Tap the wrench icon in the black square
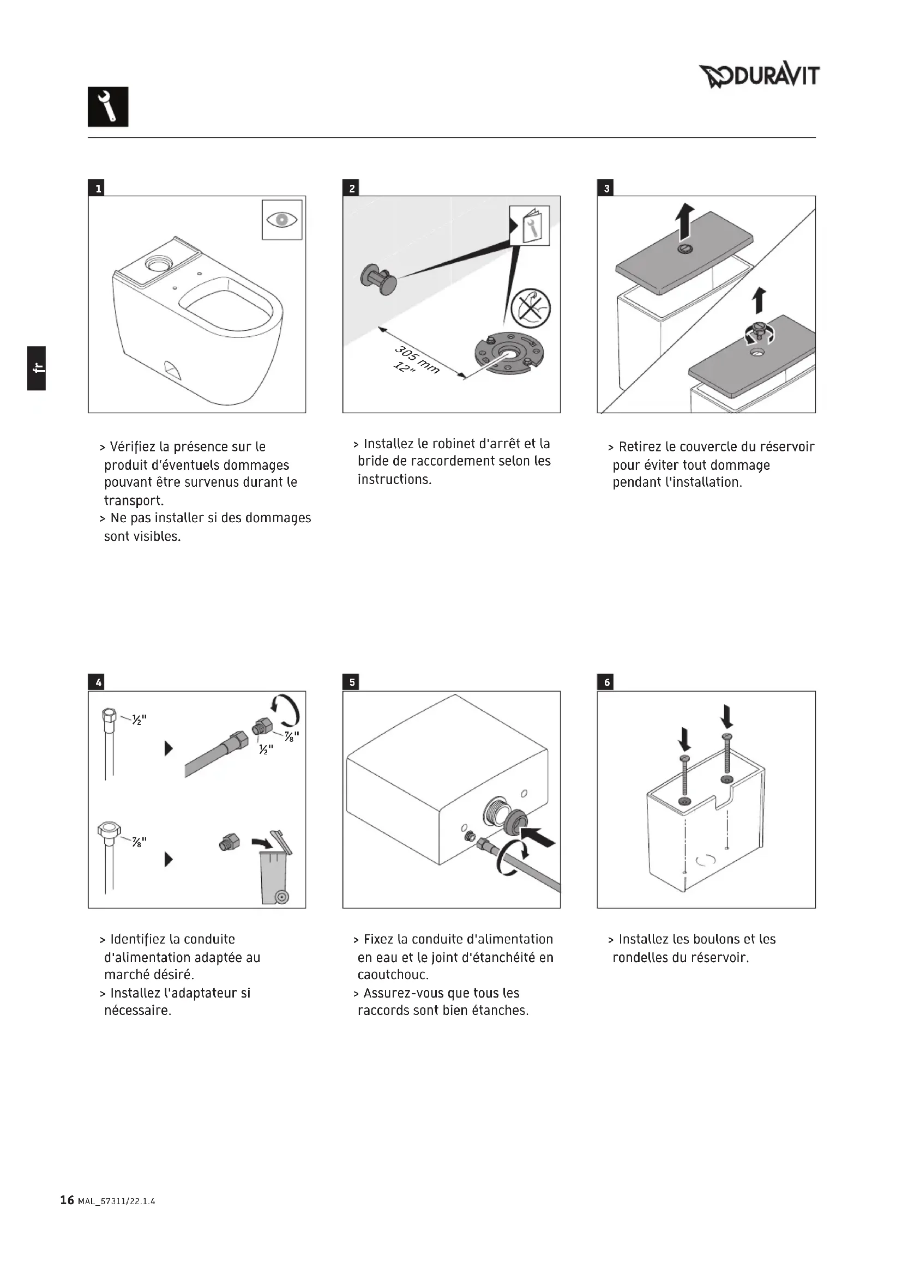coord(108,107)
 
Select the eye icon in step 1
coord(282,220)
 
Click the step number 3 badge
coord(606,188)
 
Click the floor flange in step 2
coord(507,354)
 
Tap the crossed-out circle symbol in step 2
coord(531,308)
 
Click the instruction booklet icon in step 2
coord(530,226)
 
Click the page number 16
coord(67,1200)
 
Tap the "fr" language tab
coord(37,368)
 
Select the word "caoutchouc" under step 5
coord(392,975)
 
